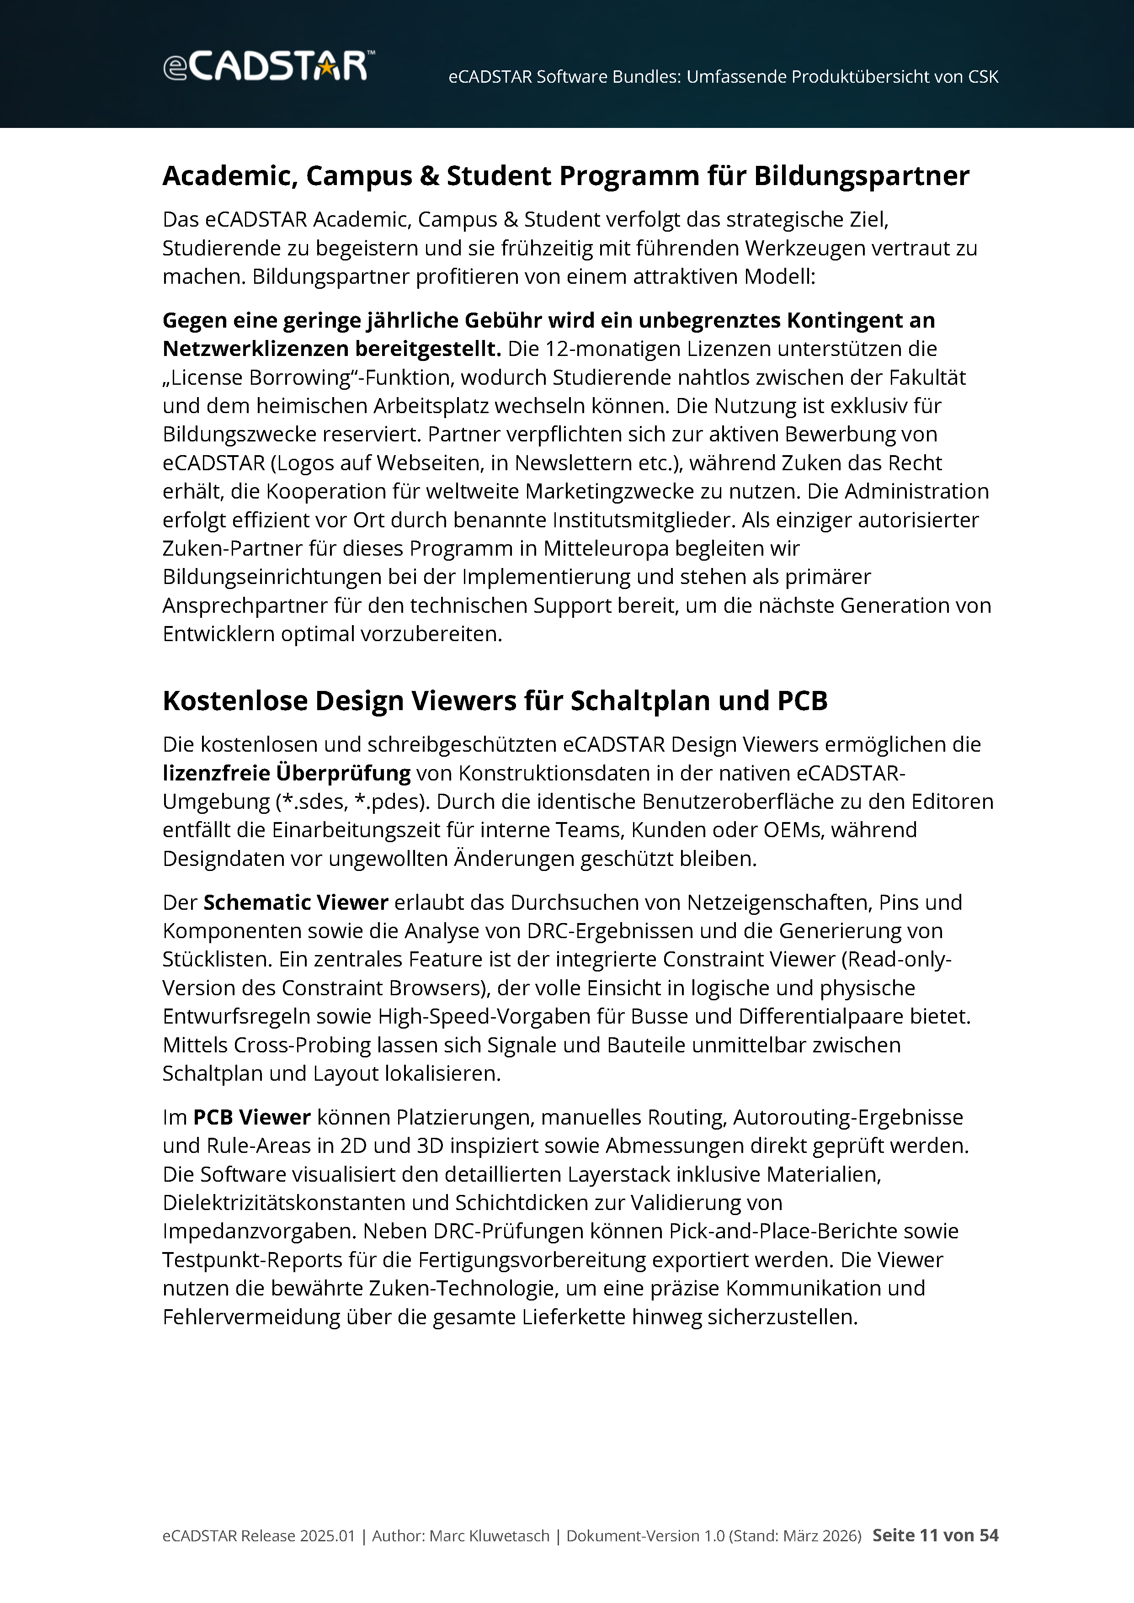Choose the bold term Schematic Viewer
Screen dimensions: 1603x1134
pos(295,903)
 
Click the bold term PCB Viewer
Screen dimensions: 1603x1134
pos(251,1118)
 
